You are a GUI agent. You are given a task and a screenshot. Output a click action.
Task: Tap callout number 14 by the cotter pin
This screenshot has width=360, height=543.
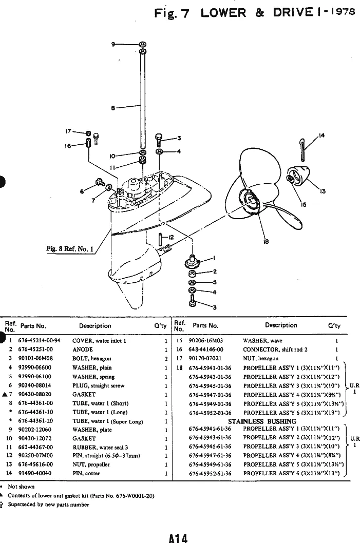coord(321,135)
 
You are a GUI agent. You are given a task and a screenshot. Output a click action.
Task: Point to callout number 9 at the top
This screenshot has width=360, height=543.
coord(113,45)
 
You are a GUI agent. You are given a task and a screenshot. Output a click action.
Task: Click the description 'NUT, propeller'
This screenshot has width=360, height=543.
coord(91,464)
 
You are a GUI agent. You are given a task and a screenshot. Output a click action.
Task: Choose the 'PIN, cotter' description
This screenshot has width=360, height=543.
coord(85,473)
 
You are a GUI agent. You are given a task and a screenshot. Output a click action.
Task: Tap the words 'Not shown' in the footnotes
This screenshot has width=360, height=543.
coord(21,486)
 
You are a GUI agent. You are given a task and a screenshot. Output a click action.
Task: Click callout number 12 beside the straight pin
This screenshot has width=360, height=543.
coord(170,237)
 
